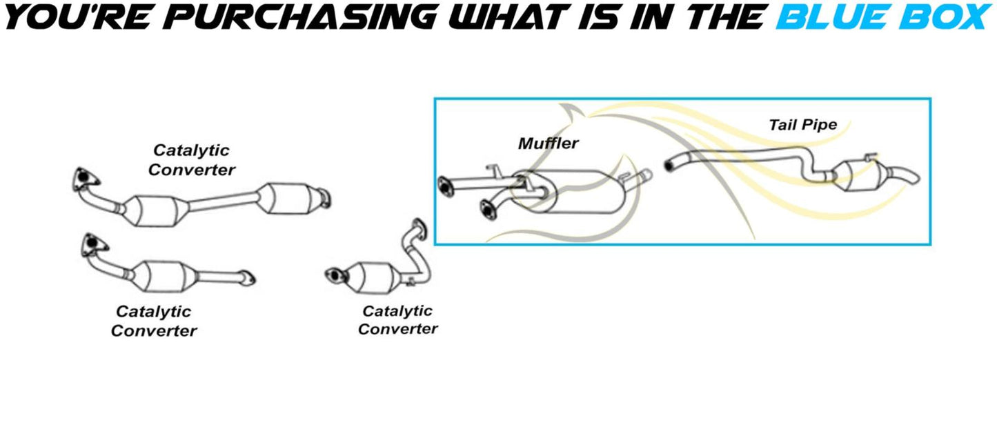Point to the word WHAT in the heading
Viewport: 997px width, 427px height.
507,17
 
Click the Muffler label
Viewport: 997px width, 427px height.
549,143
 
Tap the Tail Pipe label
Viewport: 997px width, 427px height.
803,125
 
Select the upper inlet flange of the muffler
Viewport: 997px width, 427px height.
445,187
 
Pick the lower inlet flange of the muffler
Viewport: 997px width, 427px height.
488,210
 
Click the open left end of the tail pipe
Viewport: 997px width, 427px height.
669,166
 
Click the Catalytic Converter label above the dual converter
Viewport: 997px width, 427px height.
191,160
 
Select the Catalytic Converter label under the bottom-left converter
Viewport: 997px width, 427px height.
154,321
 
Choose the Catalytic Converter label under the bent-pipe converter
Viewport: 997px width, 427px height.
397,320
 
